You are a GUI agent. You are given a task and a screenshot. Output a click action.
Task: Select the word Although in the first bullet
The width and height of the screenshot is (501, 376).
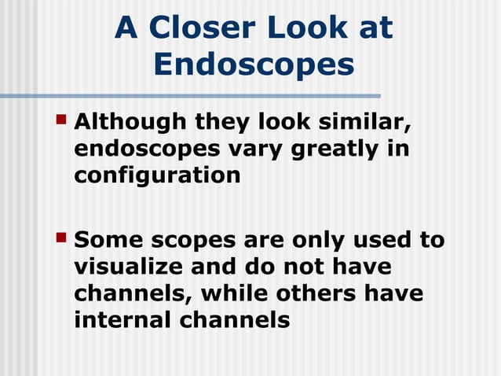click(130, 123)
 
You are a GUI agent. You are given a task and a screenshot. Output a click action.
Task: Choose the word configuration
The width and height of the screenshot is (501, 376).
click(157, 175)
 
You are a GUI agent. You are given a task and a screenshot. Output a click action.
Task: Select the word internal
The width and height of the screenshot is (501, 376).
click(125, 320)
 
